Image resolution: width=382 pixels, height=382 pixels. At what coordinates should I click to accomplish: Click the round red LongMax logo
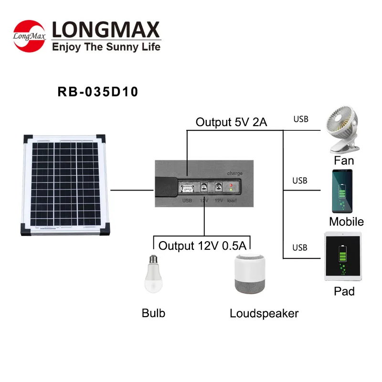point(29,35)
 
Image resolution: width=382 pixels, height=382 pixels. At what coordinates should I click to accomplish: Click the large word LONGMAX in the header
point(105,30)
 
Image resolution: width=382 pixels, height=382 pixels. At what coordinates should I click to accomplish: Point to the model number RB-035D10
point(98,92)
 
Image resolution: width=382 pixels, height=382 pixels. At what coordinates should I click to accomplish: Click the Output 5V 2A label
point(231,122)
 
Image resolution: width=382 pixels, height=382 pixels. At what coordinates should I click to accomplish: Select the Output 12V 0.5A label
point(202,246)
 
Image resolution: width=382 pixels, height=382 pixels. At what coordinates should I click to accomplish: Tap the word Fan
point(344,160)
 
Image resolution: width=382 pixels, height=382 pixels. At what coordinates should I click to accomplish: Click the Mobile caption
point(346,222)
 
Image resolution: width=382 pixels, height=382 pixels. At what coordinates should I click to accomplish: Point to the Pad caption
point(344,291)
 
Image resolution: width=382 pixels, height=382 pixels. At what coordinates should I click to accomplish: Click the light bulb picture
point(153,274)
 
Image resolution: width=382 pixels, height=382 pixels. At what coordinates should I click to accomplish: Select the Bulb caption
point(153,313)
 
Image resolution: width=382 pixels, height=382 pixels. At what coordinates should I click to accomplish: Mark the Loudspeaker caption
point(264,313)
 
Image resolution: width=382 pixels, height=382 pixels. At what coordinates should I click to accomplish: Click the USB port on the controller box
point(187,188)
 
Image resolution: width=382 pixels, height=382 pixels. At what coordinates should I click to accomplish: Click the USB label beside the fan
point(301,119)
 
